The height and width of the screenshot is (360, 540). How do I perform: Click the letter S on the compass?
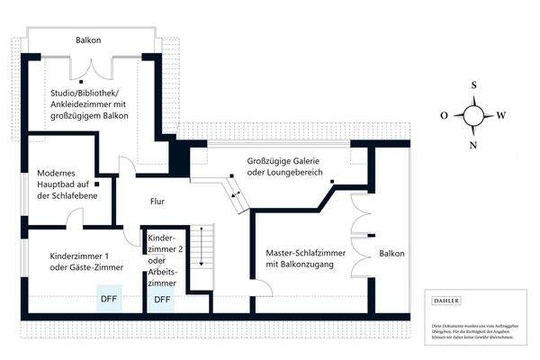(x=473, y=85)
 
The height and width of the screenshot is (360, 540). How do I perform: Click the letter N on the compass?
(x=473, y=145)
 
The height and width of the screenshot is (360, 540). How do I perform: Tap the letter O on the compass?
(x=444, y=115)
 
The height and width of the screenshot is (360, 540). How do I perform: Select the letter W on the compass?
(x=501, y=115)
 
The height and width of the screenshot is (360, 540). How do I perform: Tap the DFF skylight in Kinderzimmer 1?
(x=109, y=299)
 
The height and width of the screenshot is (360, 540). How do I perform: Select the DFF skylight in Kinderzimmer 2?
(x=162, y=299)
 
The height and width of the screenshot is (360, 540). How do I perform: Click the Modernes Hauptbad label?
(x=67, y=184)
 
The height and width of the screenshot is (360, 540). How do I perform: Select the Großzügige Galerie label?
(x=284, y=166)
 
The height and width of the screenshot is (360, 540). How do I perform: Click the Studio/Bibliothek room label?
(x=89, y=104)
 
